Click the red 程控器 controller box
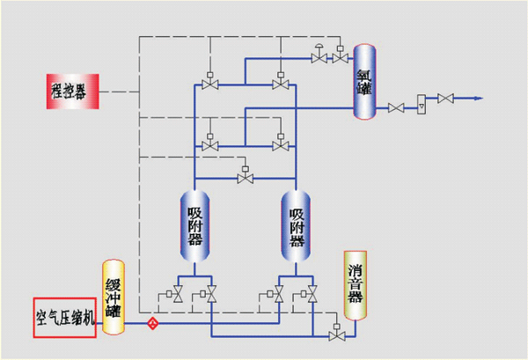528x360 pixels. (73, 91)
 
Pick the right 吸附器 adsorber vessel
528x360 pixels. (297, 225)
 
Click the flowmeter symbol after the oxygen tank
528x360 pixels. (420, 103)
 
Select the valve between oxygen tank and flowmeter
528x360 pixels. (397, 107)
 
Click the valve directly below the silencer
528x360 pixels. (335, 335)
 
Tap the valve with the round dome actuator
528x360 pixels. (318, 57)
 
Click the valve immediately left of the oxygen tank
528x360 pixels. (339, 58)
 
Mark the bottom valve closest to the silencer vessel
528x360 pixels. (309, 295)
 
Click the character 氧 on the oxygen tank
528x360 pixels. (364, 70)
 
